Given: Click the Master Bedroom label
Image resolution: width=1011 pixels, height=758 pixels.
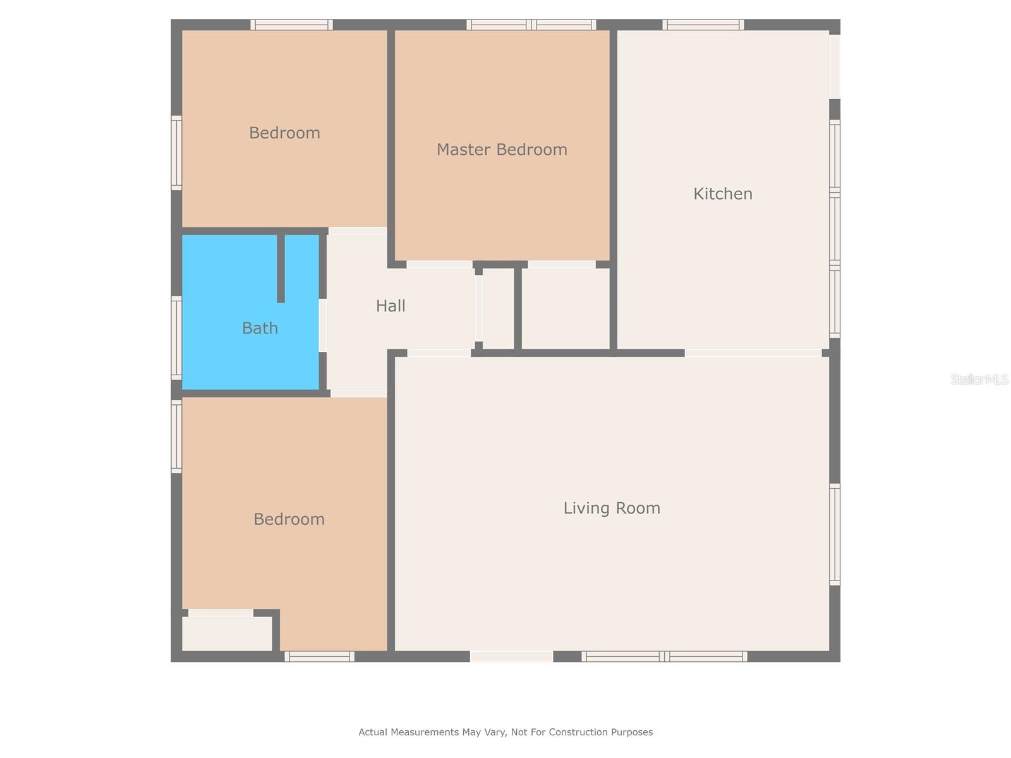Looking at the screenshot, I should click(x=502, y=150).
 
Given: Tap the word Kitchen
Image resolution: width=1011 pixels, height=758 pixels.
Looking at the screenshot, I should click(x=723, y=194).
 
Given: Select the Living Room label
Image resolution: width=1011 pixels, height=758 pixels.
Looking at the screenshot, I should click(x=612, y=508).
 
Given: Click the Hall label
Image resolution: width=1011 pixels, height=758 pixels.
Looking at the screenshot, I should click(x=390, y=306).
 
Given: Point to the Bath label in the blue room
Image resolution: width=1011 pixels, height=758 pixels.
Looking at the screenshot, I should click(x=260, y=328).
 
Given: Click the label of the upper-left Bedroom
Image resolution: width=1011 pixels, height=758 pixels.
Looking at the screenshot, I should click(x=284, y=133).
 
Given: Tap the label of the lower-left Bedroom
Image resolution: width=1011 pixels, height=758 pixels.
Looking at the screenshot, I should click(x=289, y=519).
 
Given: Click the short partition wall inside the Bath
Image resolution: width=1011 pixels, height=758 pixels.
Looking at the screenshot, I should click(x=281, y=268).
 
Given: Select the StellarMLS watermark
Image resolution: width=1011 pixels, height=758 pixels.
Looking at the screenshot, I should click(x=979, y=379).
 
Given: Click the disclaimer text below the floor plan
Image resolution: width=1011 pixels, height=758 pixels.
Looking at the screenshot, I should click(x=505, y=732).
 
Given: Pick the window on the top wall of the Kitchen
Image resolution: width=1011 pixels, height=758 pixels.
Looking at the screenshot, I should click(x=703, y=25).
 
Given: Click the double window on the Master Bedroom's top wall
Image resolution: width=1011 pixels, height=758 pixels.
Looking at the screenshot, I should click(x=531, y=25).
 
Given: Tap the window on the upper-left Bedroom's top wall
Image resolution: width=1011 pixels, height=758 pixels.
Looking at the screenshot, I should click(x=291, y=25).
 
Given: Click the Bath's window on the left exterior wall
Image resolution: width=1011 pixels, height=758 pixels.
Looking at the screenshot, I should click(x=176, y=338).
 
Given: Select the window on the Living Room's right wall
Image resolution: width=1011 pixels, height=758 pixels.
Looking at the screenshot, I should click(x=835, y=534).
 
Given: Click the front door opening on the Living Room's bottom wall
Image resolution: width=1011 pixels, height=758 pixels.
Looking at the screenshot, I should click(x=511, y=657).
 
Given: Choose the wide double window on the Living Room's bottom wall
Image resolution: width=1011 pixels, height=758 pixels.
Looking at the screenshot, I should click(x=664, y=657).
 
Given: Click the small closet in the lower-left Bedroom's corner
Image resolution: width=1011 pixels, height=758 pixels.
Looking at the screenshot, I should click(x=227, y=633).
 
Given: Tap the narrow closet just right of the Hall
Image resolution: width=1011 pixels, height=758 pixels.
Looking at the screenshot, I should click(x=498, y=308).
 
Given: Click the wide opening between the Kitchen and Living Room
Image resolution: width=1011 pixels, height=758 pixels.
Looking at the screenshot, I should click(x=753, y=353).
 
